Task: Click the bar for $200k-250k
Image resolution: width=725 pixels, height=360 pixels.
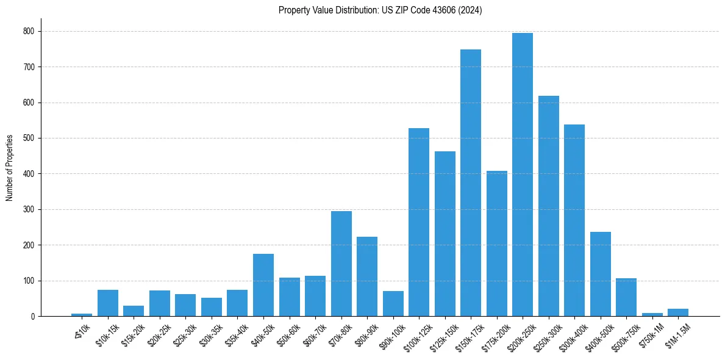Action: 522,175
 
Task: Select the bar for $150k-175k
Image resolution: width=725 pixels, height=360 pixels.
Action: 470,183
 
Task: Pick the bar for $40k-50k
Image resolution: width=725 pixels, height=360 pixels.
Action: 263,285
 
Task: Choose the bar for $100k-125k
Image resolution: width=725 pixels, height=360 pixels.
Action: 418,222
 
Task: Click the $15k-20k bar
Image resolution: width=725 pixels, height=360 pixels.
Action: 134,311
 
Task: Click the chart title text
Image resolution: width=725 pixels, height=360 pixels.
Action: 380,10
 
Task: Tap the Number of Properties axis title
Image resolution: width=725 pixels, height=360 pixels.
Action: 10,168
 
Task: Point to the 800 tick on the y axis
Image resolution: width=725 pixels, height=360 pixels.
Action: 28,31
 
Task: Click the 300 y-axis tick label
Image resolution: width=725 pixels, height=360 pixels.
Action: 28,209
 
